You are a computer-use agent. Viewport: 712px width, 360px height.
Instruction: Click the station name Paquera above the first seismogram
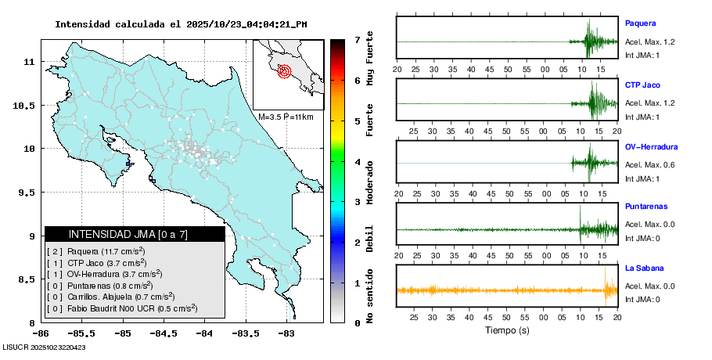639,23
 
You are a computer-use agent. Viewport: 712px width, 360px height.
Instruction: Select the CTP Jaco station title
643,85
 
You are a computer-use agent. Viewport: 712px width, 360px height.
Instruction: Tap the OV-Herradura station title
651,146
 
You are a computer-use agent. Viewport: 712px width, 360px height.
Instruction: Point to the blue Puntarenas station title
646,207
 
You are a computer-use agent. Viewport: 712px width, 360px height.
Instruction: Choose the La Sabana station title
644,268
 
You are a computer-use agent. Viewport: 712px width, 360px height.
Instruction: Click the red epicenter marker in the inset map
284,71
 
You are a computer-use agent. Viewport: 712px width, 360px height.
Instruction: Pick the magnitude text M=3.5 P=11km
285,117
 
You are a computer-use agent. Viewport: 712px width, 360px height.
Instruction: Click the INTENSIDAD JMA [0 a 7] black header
135,234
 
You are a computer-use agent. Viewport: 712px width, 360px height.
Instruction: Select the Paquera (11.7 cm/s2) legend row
104,251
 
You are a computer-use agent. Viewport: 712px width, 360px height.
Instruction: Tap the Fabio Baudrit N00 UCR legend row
121,308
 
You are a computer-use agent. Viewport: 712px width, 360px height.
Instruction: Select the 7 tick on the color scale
357,39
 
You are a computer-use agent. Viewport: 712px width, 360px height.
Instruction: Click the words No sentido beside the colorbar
369,296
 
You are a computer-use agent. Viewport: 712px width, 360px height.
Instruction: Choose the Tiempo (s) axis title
507,329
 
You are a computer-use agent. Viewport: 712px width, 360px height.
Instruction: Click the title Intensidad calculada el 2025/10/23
181,24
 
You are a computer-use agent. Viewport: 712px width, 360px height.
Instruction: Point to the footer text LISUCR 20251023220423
44,347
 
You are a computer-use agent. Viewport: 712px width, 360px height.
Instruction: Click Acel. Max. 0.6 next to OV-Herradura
649,164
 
